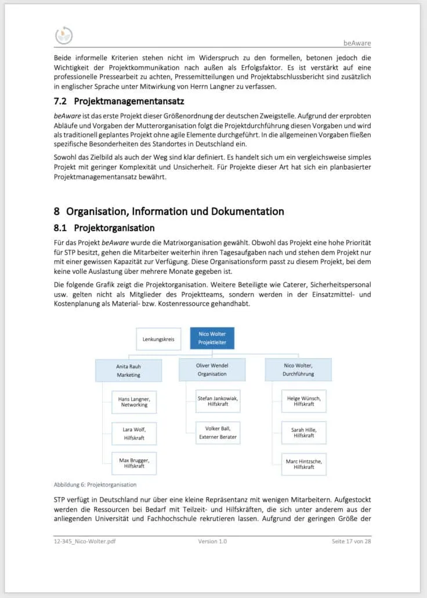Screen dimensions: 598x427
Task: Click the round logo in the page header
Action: pyautogui.click(x=64, y=35)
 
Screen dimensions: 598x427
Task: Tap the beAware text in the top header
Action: pyautogui.click(x=357, y=43)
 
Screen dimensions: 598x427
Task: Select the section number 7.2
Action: pyautogui.click(x=61, y=101)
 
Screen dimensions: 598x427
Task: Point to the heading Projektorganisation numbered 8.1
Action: pyautogui.click(x=114, y=228)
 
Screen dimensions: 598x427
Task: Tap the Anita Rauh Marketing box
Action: pyautogui.click(x=129, y=370)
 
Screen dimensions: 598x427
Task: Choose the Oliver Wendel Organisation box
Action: pyautogui.click(x=212, y=370)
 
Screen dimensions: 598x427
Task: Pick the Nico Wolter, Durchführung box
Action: pyautogui.click(x=298, y=370)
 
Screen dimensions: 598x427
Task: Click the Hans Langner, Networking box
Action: pyautogui.click(x=134, y=401)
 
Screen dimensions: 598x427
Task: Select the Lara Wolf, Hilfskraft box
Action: pyautogui.click(x=134, y=433)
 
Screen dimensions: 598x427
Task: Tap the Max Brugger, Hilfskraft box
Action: pyautogui.click(x=134, y=463)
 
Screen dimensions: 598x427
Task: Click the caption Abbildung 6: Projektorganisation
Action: pyautogui.click(x=95, y=485)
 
